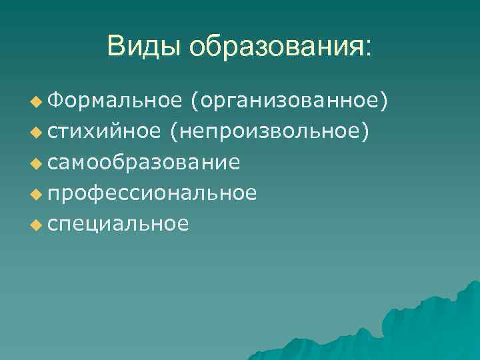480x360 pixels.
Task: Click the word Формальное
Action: point(114,101)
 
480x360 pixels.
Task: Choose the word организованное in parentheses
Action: point(288,101)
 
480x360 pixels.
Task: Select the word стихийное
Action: point(103,131)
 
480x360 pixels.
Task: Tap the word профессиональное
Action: point(152,193)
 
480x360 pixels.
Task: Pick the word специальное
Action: point(117,224)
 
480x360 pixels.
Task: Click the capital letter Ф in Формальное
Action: point(54,101)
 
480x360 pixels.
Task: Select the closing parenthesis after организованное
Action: point(383,101)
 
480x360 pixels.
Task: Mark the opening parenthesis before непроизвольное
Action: point(173,131)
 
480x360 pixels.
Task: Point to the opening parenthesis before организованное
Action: point(193,101)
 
